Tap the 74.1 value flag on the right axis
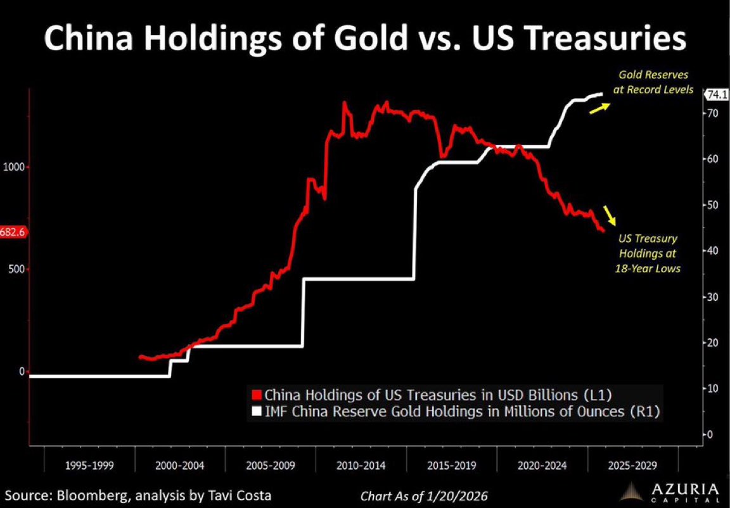click(x=715, y=95)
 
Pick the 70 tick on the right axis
click(x=712, y=113)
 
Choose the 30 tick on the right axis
click(x=712, y=296)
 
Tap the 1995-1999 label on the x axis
click(x=89, y=466)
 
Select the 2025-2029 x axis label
click(x=632, y=466)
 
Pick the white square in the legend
click(x=257, y=412)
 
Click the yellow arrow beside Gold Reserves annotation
click(x=599, y=108)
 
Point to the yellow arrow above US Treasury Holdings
click(x=610, y=215)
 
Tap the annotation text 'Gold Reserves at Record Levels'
click(x=653, y=82)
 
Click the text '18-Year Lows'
click(x=648, y=268)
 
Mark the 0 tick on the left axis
click(x=21, y=371)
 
